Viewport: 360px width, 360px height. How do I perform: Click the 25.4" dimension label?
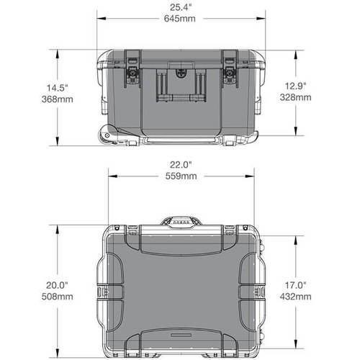[180, 8]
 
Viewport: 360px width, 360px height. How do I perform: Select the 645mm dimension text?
[180, 19]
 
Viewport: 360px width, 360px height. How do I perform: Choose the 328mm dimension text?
[296, 96]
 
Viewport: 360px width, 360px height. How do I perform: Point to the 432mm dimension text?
[296, 297]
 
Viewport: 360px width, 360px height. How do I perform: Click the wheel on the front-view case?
[109, 134]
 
